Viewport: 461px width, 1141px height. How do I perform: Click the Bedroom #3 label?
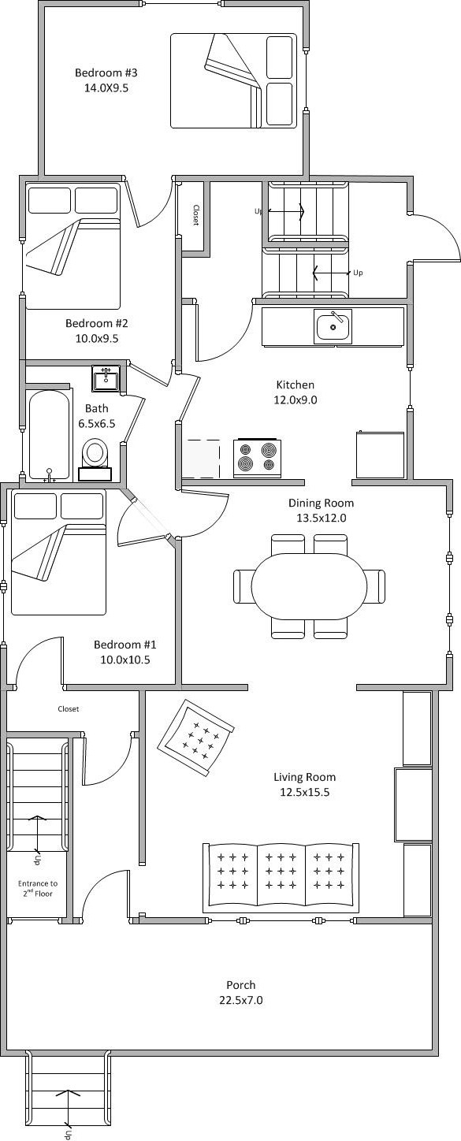coord(106,72)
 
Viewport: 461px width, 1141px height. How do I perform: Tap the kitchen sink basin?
coord(333,326)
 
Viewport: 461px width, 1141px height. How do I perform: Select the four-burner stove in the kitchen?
coord(257,457)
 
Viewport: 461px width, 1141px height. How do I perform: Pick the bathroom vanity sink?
coord(106,378)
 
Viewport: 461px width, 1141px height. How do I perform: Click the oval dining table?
coord(309,585)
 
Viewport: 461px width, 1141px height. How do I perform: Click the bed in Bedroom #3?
coord(233,80)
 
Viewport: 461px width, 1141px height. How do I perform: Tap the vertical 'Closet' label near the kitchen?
coord(195,215)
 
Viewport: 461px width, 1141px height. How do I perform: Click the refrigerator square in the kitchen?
coord(380,455)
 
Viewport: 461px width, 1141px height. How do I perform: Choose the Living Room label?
coord(305,777)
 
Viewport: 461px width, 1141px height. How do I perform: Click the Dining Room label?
coord(321,503)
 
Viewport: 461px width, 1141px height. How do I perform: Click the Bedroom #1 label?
coord(125,645)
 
